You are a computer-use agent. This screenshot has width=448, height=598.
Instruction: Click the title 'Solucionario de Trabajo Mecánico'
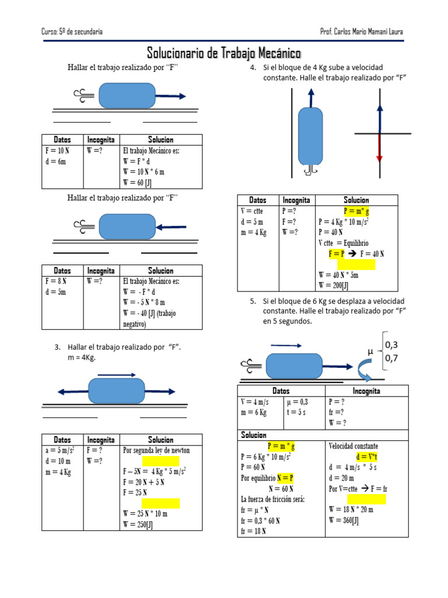224,53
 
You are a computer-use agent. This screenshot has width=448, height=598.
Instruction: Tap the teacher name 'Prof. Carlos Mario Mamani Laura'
362,32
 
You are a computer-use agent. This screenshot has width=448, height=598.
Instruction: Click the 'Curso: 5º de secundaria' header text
72,32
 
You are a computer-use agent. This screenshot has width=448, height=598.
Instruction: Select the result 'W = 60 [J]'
137,183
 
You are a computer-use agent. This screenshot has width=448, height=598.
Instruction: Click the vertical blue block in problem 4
310,136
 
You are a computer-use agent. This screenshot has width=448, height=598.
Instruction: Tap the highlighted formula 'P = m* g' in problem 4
356,211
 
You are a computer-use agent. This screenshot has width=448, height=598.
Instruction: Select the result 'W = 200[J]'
333,285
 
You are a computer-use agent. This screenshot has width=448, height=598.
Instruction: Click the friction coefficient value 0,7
391,358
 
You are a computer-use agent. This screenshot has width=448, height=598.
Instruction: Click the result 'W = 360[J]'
344,520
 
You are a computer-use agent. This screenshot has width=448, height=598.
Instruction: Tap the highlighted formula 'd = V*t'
366,457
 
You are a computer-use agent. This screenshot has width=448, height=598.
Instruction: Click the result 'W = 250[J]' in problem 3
138,524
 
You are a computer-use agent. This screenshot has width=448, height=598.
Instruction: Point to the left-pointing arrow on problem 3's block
73,392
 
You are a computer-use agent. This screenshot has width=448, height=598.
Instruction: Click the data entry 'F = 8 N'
56,281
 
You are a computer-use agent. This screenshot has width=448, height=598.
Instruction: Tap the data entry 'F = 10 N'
58,151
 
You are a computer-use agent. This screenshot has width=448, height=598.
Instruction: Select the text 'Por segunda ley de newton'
156,450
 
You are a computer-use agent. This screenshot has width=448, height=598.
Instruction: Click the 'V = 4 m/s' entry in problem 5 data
254,402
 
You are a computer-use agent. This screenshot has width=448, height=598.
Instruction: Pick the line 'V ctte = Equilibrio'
343,243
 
